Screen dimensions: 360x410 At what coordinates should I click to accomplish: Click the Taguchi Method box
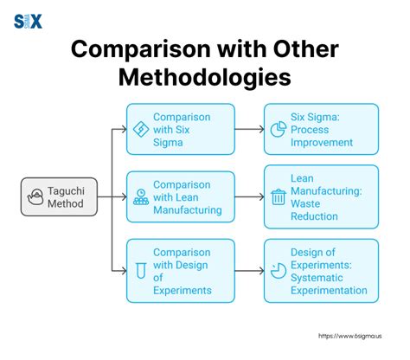click(x=60, y=196)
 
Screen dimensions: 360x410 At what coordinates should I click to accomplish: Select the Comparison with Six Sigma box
click(x=180, y=129)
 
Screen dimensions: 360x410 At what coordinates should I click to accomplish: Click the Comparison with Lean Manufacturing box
click(x=180, y=196)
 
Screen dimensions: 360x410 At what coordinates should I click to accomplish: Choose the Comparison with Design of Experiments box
click(x=180, y=270)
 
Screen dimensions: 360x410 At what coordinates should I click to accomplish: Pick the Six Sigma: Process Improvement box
click(x=321, y=129)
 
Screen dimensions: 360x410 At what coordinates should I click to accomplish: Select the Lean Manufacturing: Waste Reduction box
click(x=321, y=196)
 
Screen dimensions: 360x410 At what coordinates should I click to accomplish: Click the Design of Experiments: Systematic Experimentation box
click(x=321, y=270)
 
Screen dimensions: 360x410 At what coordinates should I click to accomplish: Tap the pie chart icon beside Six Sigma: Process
click(x=279, y=129)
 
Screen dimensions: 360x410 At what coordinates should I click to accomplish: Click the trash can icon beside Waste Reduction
click(x=279, y=197)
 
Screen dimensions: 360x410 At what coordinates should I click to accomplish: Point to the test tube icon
click(x=139, y=271)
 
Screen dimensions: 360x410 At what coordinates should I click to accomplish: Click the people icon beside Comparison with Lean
click(x=139, y=197)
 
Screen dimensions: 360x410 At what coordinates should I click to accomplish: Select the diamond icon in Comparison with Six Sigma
click(x=139, y=129)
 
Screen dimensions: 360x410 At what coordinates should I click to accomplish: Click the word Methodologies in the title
click(x=204, y=78)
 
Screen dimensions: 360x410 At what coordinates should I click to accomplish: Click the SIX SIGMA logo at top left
click(x=29, y=22)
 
